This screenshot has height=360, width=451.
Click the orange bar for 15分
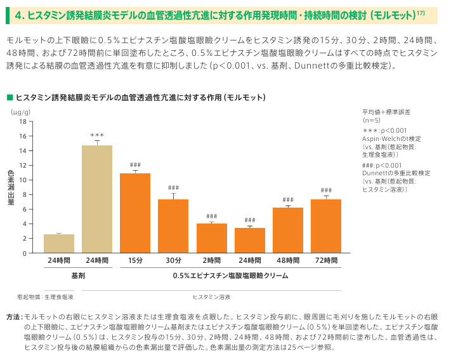tap(135, 213)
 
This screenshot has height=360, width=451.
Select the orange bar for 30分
tap(173, 226)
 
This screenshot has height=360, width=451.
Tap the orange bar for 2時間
tap(211, 237)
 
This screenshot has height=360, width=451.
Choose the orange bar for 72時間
tap(326, 226)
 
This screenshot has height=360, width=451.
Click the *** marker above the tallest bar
tap(97, 135)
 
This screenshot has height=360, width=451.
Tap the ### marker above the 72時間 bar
tap(326, 190)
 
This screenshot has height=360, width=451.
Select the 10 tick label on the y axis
tap(23, 180)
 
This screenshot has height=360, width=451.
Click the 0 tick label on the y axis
tap(25, 253)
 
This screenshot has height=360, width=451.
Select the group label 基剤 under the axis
tap(77, 276)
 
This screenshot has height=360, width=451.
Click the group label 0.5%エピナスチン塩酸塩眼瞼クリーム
tap(230, 276)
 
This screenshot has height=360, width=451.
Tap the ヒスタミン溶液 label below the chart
tap(211, 297)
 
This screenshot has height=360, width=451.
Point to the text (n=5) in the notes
tap(372, 119)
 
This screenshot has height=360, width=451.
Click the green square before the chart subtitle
tap(10, 97)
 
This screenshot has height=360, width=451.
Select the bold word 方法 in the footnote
tap(12, 316)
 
